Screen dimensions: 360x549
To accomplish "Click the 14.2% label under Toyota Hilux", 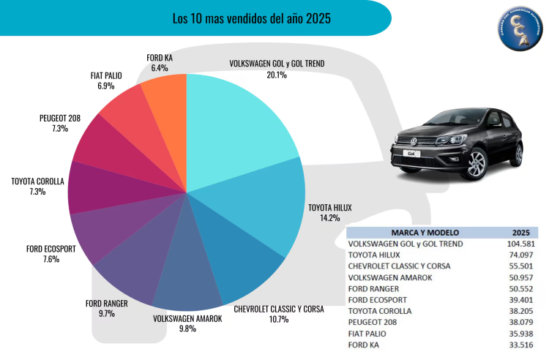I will point(329,218).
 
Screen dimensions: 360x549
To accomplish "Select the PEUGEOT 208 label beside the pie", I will point(59,119).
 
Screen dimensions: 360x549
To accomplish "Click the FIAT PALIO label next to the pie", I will point(106,75).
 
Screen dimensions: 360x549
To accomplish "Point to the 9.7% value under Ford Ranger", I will point(105,313).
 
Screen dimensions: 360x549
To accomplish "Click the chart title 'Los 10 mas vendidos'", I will point(251,18).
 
